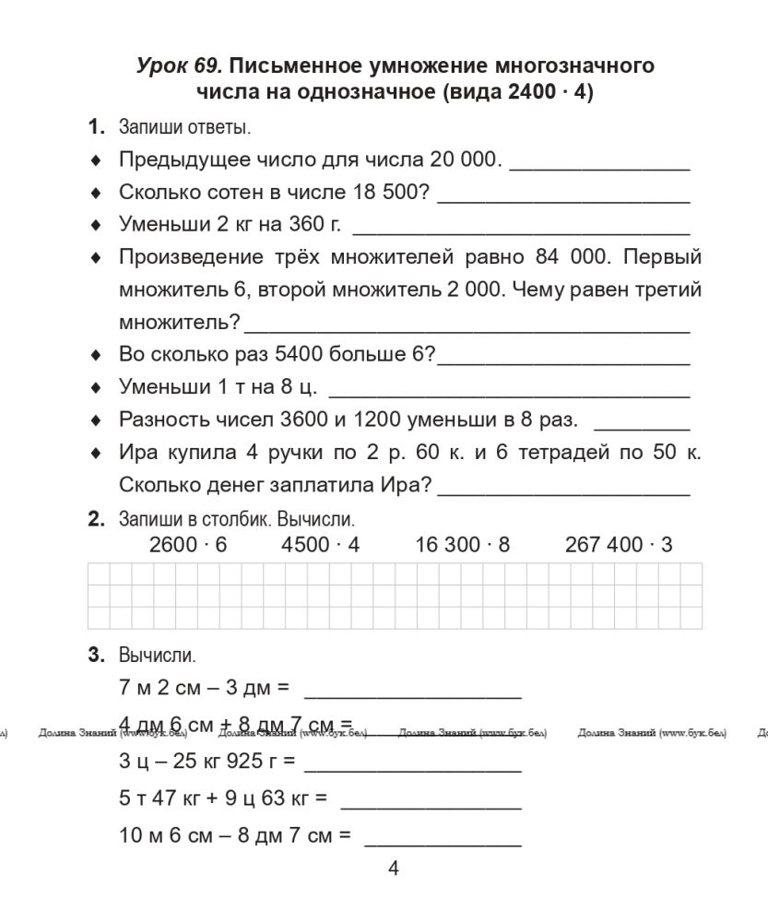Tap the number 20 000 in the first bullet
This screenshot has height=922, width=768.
(x=463, y=160)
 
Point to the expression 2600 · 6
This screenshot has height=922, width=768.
(x=188, y=545)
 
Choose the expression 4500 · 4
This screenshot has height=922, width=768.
(x=320, y=545)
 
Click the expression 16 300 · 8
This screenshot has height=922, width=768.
(x=462, y=545)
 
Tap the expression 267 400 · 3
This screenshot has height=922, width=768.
(x=619, y=545)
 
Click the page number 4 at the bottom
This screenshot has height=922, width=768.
(x=394, y=868)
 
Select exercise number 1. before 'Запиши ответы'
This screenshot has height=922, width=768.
(x=97, y=127)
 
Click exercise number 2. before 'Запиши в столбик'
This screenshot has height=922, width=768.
(x=97, y=519)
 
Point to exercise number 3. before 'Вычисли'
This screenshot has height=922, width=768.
(x=97, y=656)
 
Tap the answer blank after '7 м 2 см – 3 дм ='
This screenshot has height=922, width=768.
(x=412, y=689)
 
